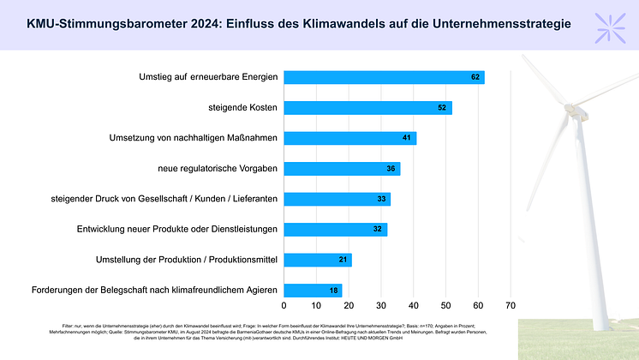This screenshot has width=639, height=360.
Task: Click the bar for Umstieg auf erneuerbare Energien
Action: point(384,77)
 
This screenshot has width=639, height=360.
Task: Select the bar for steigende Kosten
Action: point(367,108)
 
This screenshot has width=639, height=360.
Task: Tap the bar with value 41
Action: point(349,138)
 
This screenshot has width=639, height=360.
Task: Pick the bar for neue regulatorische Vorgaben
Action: point(342,169)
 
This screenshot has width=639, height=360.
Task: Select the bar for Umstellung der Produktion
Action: point(318,260)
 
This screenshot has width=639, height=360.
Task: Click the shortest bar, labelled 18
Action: point(313,291)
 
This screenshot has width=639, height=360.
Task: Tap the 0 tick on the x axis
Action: point(284,304)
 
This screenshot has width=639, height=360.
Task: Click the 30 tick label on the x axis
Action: point(381,304)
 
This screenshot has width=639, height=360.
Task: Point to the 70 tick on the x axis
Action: point(511,304)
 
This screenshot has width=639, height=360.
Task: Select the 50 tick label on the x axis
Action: point(446,304)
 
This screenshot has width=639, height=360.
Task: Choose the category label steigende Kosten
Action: point(244,108)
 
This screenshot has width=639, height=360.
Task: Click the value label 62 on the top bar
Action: point(475,77)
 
